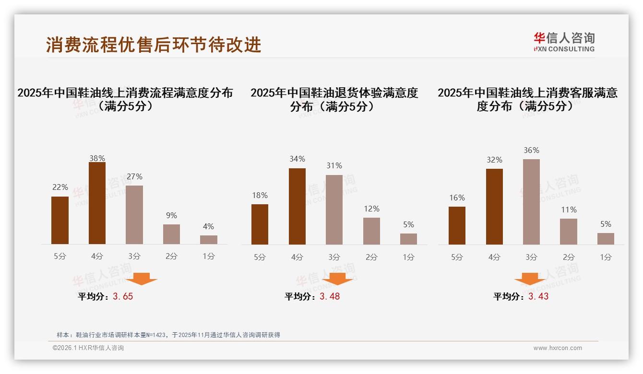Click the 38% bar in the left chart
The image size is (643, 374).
[97, 203]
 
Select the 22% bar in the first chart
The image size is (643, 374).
[60, 220]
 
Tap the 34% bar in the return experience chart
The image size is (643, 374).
[297, 206]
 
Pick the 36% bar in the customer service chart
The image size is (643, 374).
[531, 202]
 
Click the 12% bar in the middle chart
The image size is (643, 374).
[371, 231]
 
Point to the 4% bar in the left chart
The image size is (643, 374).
[209, 240]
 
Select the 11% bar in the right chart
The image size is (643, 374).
[569, 232]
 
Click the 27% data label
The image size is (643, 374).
[134, 177]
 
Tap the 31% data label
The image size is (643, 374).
[334, 166]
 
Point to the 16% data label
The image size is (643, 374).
[457, 198]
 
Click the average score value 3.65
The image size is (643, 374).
[123, 296]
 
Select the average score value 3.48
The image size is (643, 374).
[330, 296]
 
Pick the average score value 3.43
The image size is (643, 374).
[538, 296]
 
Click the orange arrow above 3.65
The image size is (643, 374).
[142, 279]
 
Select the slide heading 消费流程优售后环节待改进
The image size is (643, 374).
[154, 45]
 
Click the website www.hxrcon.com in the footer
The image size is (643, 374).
[558, 348]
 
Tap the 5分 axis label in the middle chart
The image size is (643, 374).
[260, 257]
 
